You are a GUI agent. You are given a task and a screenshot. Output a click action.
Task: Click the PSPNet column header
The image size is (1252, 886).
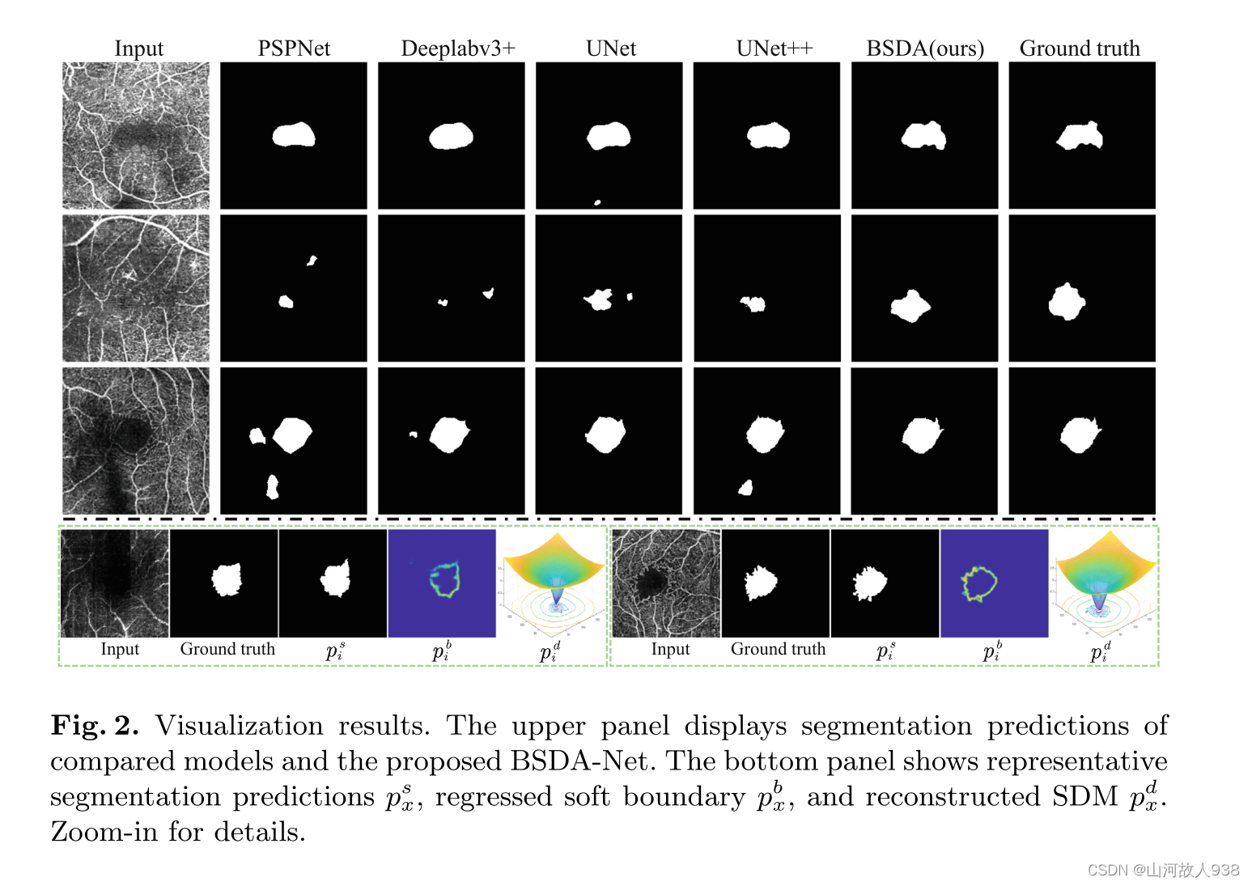pos(294,49)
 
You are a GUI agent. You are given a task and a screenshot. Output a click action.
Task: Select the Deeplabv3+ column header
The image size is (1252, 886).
pos(458,49)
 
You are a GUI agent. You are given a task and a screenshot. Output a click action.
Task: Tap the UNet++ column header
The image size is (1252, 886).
pos(774,49)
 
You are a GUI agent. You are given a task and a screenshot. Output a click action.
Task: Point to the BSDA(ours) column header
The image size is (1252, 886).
pos(925,49)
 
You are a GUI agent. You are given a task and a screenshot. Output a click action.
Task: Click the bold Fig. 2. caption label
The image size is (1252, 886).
pos(95,725)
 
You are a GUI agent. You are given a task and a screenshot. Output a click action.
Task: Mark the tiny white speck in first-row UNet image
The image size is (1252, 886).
pos(597,202)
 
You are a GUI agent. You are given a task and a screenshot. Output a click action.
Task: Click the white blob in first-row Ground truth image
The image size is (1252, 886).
pos(1080,136)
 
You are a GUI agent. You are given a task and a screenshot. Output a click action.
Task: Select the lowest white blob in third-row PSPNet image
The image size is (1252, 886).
pos(273,487)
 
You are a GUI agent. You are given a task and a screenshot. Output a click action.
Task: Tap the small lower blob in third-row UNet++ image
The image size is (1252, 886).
pos(746,487)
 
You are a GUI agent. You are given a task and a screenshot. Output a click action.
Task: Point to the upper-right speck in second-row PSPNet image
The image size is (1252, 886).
pos(312,261)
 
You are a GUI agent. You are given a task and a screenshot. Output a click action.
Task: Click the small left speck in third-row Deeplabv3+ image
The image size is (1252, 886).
pos(413,435)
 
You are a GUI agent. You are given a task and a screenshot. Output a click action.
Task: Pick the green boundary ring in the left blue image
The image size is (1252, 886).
pos(445,580)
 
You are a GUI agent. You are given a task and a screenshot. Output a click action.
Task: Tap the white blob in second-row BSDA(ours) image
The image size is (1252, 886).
pos(910,306)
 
